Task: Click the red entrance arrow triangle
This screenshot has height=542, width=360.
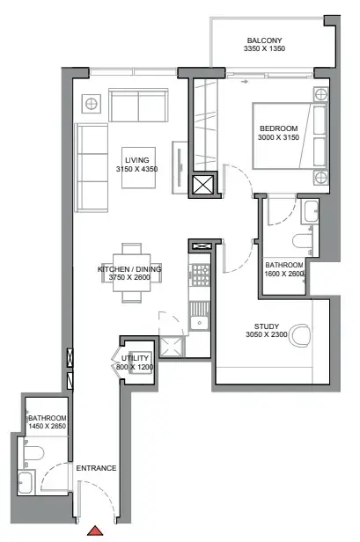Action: (x=95, y=531)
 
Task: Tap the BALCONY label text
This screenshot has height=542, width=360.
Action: (x=264, y=40)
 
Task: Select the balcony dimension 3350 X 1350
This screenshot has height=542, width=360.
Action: (x=264, y=48)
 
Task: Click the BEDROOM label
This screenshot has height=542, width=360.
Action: (x=279, y=128)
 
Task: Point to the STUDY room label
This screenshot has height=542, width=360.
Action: (x=267, y=326)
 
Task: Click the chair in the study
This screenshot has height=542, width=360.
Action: (x=299, y=335)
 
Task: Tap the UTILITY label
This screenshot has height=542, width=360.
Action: (x=135, y=358)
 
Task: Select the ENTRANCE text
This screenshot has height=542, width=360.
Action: (x=96, y=468)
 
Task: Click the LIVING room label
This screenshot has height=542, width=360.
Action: (x=137, y=160)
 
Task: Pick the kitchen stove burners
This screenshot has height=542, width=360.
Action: (x=200, y=275)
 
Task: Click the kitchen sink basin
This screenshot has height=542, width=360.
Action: (x=199, y=323)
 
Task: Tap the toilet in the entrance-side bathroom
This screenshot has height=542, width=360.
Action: (x=33, y=452)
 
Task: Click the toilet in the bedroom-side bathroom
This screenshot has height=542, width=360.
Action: (x=302, y=241)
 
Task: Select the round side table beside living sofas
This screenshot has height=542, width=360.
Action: (x=92, y=104)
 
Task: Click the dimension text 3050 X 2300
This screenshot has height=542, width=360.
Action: (x=267, y=334)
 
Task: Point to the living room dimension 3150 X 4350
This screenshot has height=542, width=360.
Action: (x=137, y=169)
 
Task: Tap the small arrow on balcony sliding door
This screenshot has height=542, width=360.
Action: (x=245, y=82)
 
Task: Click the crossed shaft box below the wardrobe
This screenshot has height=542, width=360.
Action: (x=202, y=185)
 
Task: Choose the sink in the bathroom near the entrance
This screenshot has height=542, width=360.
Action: (x=26, y=483)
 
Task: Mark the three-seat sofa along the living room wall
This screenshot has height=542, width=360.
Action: (x=92, y=168)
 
